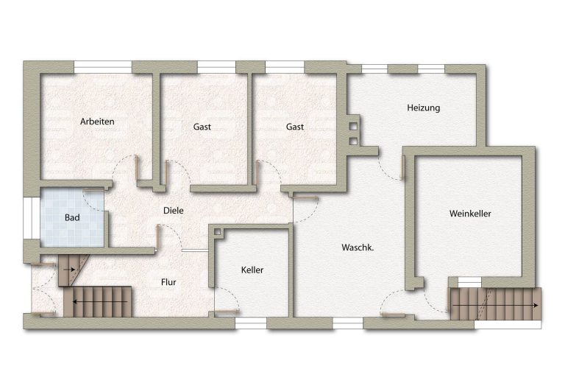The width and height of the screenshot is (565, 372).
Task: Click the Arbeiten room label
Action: (97, 122)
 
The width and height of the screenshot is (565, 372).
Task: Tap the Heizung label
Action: (424, 108)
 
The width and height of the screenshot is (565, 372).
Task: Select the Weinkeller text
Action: (470, 214)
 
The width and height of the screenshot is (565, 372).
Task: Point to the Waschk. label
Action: (358, 248)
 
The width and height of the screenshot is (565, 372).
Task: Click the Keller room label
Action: (252, 270)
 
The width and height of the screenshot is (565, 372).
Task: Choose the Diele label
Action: (174, 211)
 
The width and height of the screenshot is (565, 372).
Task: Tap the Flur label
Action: (168, 282)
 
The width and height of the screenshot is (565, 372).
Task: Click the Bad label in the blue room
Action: (72, 217)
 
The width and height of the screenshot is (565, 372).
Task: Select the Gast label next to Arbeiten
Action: (202, 127)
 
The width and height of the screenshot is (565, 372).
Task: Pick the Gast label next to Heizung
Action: (295, 127)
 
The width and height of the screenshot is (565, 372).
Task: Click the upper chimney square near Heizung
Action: (353, 127)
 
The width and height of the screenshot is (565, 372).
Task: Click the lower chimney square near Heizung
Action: (353, 141)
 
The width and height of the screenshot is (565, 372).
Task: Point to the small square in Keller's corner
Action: (217, 233)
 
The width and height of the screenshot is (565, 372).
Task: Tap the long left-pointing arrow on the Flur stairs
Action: (100, 301)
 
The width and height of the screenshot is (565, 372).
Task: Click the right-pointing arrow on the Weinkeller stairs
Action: (495, 305)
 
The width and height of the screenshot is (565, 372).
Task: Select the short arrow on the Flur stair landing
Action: (69, 270)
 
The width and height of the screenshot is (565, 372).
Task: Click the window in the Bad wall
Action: (32, 218)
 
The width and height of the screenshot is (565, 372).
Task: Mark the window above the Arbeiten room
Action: (103, 67)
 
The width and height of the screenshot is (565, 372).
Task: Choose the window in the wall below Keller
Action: (251, 323)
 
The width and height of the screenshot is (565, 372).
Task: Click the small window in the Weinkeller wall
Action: (469, 282)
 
